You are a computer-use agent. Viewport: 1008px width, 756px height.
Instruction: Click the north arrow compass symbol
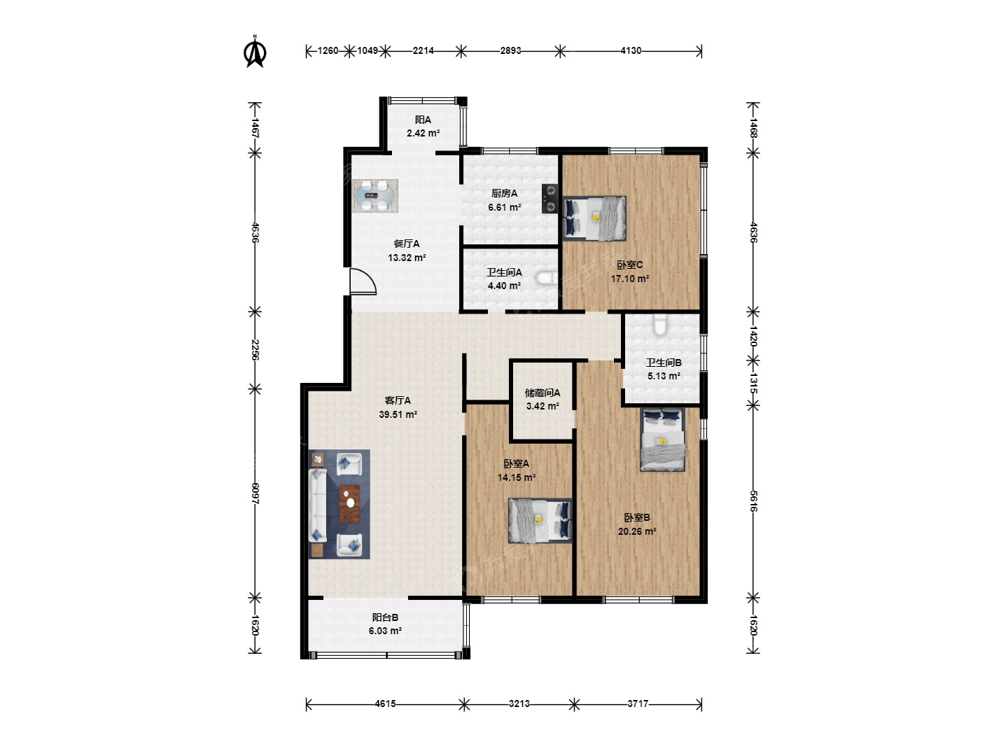point(255,52)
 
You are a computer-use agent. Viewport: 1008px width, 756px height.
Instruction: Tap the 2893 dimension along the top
point(511,51)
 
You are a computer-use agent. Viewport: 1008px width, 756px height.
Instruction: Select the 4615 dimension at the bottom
point(385,703)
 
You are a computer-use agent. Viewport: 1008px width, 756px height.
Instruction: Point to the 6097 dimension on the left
point(255,494)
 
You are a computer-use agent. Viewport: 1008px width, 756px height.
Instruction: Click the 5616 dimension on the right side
point(753,501)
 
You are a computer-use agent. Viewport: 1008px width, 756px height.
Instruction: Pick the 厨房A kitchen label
point(504,193)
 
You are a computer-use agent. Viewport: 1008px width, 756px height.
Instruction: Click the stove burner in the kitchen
point(549,199)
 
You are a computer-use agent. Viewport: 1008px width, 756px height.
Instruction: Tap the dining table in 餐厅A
point(374,196)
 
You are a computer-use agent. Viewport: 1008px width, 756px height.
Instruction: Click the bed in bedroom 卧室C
point(594,218)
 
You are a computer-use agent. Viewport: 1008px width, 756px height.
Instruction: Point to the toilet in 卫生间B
point(660,325)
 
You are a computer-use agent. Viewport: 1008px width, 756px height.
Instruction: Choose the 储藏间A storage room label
point(542,393)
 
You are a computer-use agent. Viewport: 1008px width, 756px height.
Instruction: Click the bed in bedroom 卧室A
point(540,521)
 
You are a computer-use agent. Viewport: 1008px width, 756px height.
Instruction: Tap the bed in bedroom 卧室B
point(662,440)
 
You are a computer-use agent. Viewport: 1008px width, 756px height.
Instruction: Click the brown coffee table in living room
point(349,504)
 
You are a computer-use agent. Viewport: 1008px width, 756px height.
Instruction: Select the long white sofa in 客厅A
point(317,505)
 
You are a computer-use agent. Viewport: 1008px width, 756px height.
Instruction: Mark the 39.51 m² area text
point(398,414)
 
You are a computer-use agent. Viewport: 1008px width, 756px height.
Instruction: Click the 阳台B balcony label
point(385,617)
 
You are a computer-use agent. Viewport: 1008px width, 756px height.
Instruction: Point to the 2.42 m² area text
point(423,133)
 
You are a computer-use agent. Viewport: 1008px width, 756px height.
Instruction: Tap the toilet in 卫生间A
point(547,278)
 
